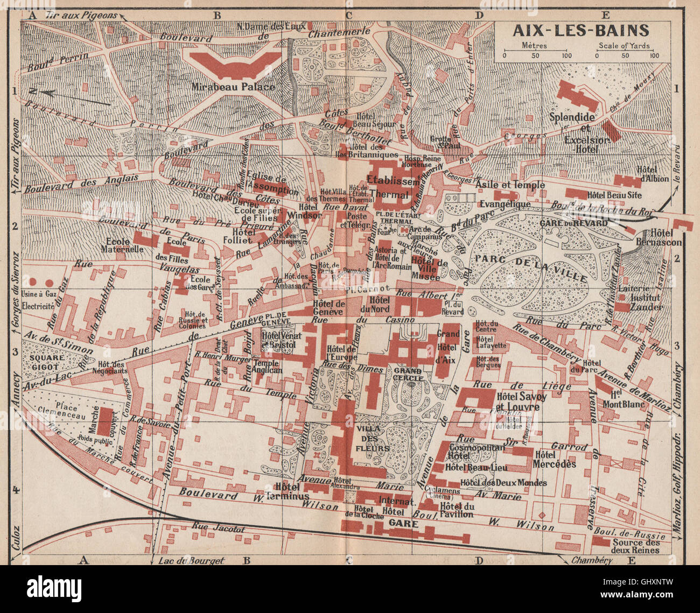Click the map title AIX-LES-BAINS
(583, 31)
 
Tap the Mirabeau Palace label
(233, 87)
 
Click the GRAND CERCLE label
(408, 371)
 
